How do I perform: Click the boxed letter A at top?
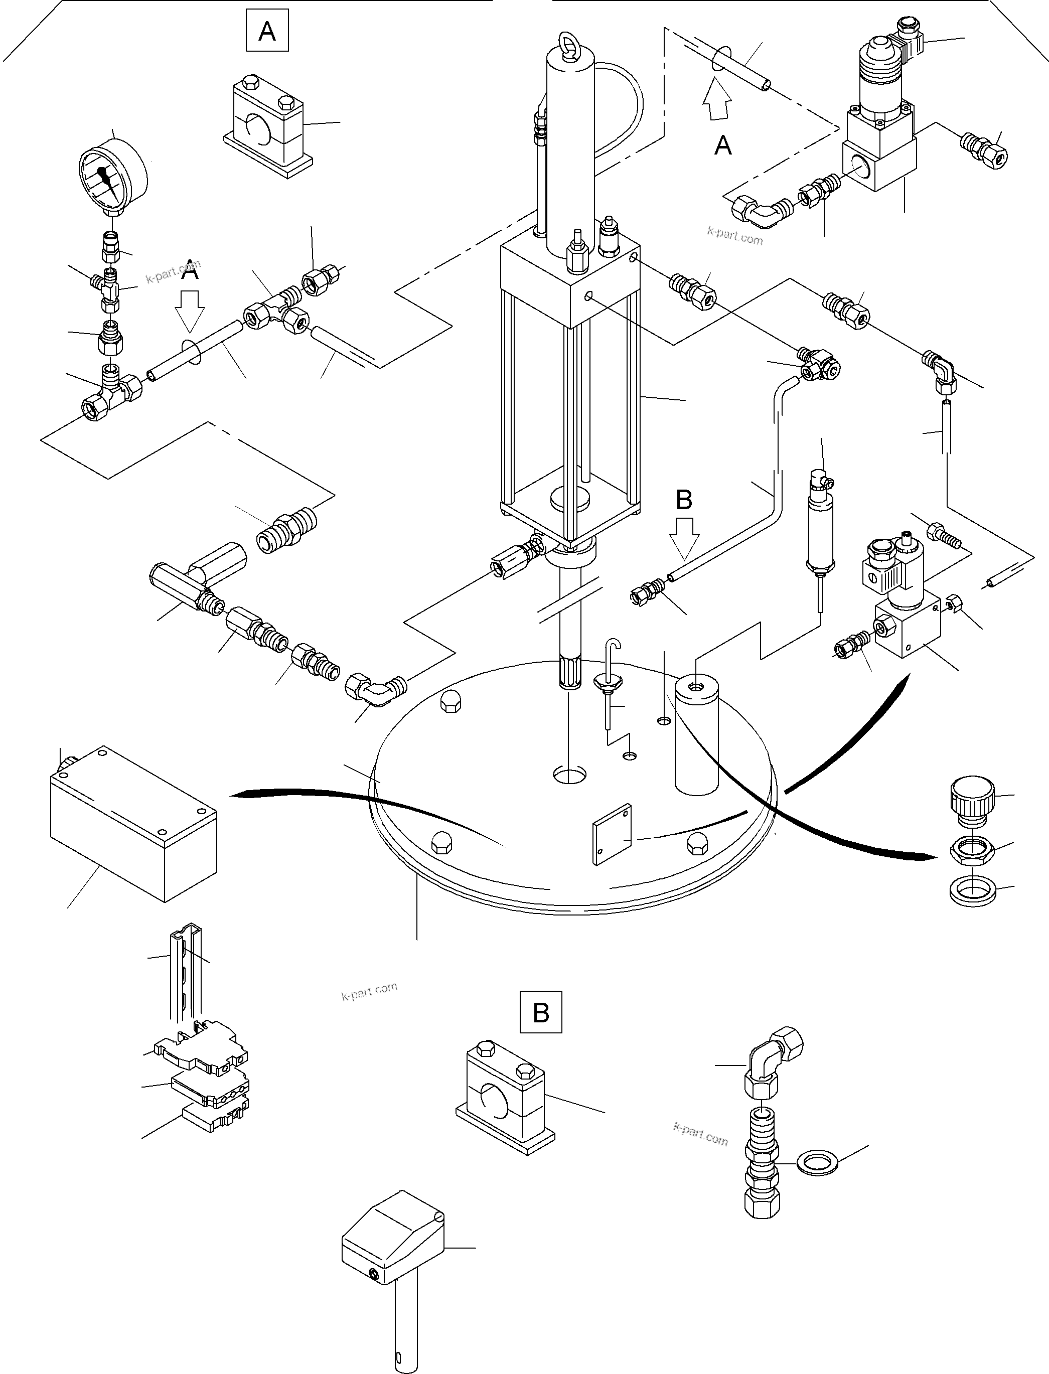pyautogui.click(x=267, y=30)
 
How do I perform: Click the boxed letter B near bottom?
pyautogui.click(x=541, y=1012)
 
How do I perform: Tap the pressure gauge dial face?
pyautogui.click(x=107, y=179)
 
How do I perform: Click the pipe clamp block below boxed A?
pyautogui.click(x=268, y=124)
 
